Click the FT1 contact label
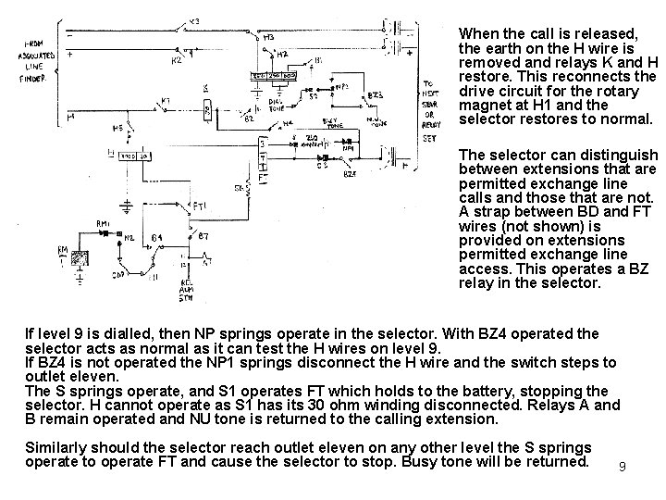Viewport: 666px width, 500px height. (x=200, y=204)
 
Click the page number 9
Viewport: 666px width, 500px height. (x=623, y=468)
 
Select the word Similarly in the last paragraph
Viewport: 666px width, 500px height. (x=58, y=445)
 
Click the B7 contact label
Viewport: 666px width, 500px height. (x=203, y=237)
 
